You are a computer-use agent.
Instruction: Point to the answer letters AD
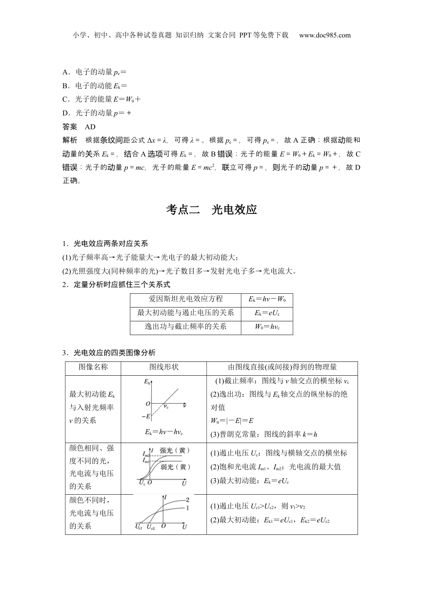(90, 127)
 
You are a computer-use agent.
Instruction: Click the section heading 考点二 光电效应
(211, 209)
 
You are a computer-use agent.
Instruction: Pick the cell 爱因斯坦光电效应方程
(186, 299)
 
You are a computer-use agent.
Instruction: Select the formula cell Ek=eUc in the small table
(267, 313)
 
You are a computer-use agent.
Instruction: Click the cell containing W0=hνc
(267, 327)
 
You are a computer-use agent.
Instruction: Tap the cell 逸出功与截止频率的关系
(186, 327)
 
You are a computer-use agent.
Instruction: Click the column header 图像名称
(93, 367)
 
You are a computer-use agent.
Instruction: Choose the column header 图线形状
(163, 367)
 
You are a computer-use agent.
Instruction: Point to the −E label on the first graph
(146, 416)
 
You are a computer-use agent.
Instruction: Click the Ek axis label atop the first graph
(147, 382)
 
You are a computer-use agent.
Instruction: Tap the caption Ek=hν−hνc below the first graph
(163, 432)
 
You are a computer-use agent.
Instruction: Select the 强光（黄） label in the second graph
(175, 451)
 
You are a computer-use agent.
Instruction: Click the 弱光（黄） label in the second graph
(175, 467)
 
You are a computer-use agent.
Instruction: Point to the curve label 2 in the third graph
(187, 500)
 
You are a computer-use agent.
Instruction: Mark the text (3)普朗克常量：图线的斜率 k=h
(264, 435)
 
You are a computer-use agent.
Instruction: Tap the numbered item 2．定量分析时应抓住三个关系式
(116, 284)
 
